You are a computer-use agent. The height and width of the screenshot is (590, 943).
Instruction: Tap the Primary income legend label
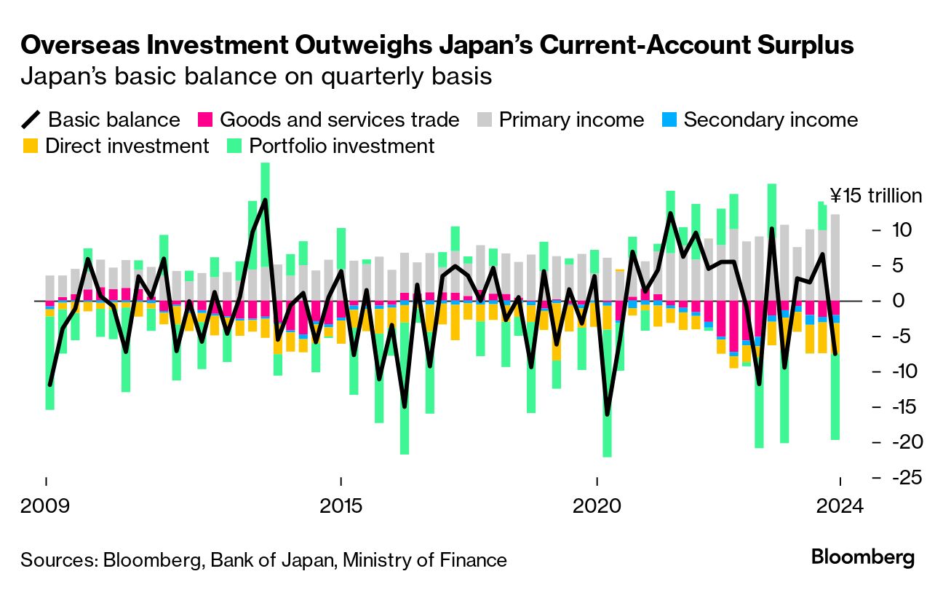click(x=571, y=119)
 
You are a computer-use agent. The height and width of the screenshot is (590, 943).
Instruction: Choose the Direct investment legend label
click(x=127, y=146)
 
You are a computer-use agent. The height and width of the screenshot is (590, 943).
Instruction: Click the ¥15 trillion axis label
click(x=876, y=196)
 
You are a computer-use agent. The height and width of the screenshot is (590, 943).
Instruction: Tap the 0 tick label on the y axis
click(x=897, y=301)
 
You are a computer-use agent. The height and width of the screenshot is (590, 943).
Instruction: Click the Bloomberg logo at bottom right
click(x=863, y=558)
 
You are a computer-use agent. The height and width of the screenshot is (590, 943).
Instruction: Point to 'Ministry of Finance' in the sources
click(x=425, y=559)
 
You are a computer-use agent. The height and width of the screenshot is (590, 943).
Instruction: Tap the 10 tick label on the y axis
click(x=896, y=230)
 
